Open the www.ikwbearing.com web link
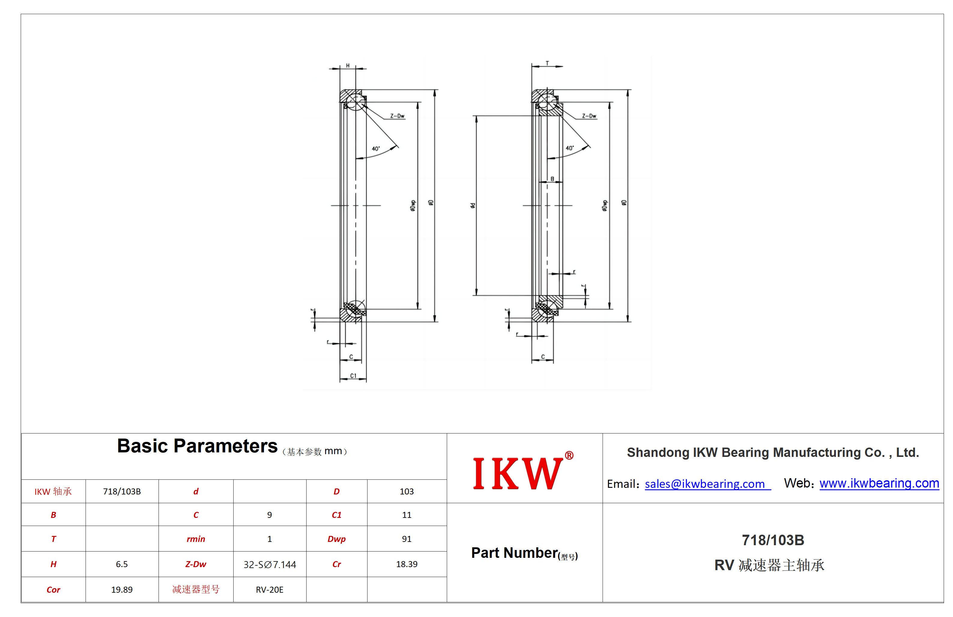point(879,483)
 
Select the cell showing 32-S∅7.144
point(270,564)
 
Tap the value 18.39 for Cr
point(407,564)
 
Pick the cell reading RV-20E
point(270,590)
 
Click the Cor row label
point(53,590)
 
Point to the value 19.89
point(122,590)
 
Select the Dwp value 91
point(407,539)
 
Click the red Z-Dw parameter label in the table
point(196,564)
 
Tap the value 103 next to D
point(407,492)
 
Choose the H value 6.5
point(122,564)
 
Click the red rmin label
point(196,539)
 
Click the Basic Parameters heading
point(197,446)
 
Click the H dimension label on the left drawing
point(348,65)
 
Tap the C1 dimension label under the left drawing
point(353,376)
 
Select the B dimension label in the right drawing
point(552,179)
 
